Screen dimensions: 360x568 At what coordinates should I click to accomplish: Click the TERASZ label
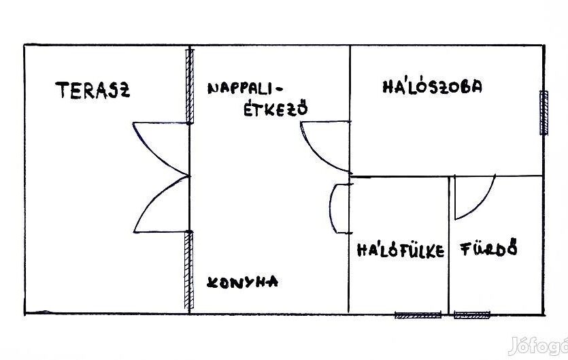[x=93, y=90]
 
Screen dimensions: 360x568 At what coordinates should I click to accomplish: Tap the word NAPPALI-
[x=246, y=88]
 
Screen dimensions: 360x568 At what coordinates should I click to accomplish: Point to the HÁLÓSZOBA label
[x=432, y=87]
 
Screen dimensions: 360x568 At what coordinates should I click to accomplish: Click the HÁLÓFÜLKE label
[x=401, y=250]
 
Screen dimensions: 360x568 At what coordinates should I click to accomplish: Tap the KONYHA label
[x=243, y=282]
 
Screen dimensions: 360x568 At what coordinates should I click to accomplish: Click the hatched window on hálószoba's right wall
[x=544, y=112]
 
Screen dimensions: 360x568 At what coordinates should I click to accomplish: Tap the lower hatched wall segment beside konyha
[x=190, y=271]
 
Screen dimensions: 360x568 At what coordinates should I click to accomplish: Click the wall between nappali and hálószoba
[x=350, y=82]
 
